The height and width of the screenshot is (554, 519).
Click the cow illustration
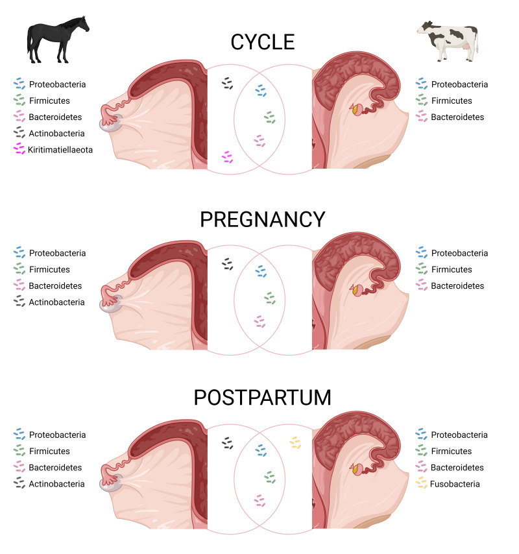pos(448,40)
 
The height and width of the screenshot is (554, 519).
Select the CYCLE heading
pos(263,43)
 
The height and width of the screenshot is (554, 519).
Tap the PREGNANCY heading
pos(263,219)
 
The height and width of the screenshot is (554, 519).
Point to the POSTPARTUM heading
pos(263,397)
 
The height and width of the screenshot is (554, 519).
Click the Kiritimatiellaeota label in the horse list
pos(60,149)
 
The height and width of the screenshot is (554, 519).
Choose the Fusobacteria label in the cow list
pos(455,484)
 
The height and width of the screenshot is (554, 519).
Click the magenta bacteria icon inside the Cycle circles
pos(227,156)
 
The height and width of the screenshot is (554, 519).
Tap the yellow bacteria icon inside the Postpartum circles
pos(296,442)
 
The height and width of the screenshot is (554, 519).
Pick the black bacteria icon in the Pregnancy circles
pos(227,263)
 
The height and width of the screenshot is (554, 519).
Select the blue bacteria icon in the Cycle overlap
pos(261,90)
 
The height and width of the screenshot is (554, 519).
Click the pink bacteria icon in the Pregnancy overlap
pos(259,320)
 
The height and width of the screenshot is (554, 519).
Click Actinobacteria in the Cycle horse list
pos(56,133)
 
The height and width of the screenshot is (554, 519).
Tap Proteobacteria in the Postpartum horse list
pos(57,435)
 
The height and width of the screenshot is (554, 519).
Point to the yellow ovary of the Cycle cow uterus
pos(356,110)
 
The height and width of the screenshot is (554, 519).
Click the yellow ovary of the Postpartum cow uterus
pos(356,467)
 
